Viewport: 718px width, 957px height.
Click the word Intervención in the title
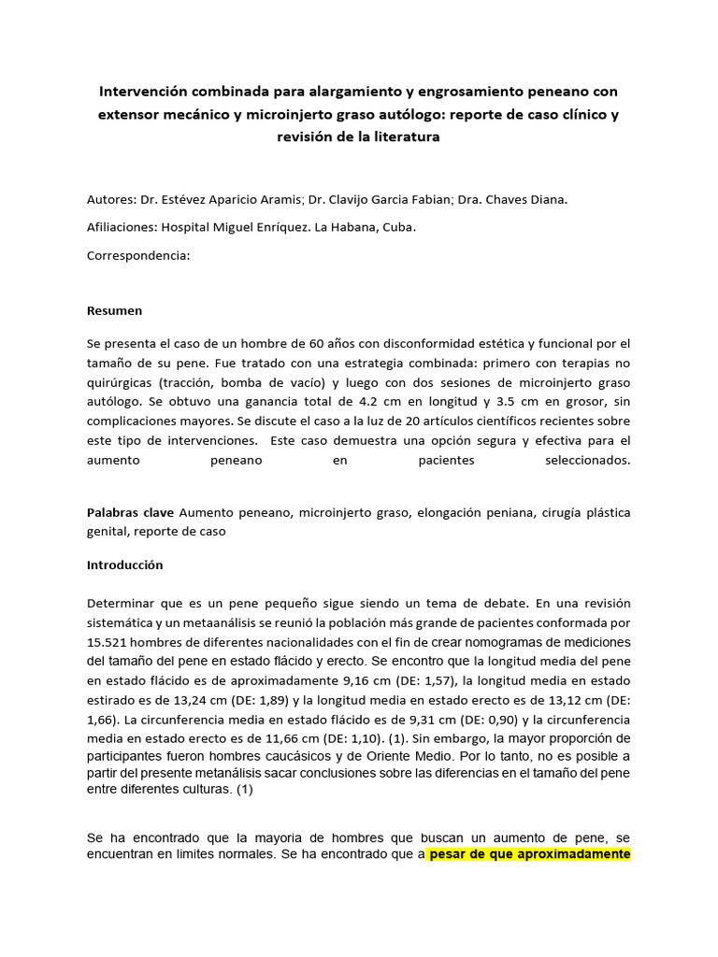point(142,92)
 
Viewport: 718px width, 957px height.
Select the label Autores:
point(111,200)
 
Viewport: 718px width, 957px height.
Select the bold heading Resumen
point(114,310)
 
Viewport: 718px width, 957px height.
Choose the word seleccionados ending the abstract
point(586,461)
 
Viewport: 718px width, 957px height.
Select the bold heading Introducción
point(124,565)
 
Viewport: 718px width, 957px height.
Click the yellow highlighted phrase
point(529,854)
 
